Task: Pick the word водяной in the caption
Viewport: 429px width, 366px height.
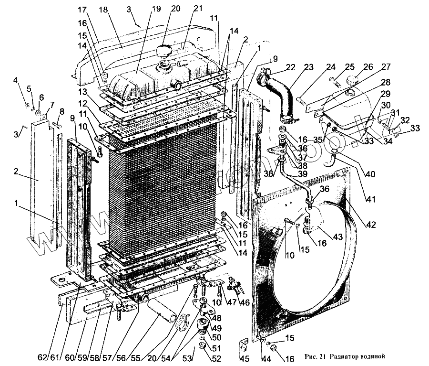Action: click(x=368, y=356)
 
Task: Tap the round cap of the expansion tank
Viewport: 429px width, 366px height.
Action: click(x=352, y=80)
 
